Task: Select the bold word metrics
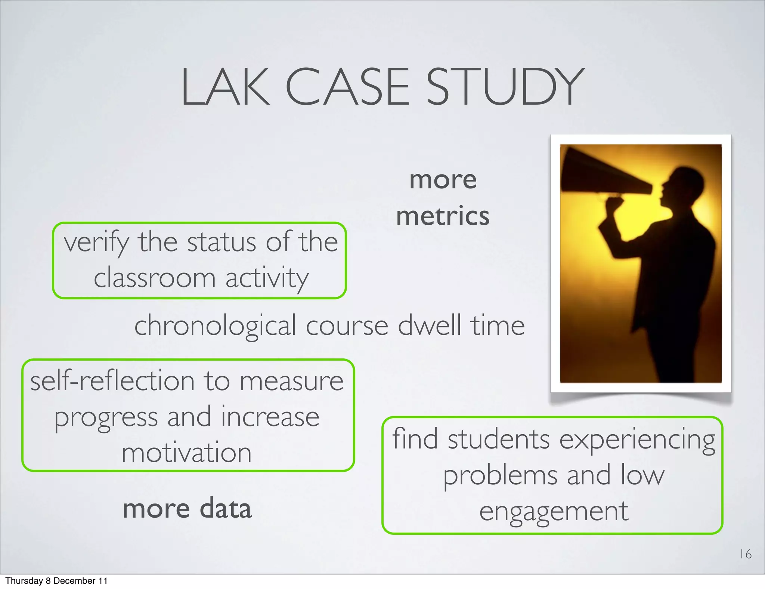tap(443, 216)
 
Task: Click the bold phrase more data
tap(187, 509)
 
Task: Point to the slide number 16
tap(746, 554)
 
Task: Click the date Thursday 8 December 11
tap(56, 581)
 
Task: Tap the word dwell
tap(429, 325)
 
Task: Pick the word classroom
tap(154, 278)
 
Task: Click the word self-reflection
tap(112, 381)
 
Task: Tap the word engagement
tap(554, 512)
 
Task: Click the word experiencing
tap(637, 440)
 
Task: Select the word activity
tap(267, 278)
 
